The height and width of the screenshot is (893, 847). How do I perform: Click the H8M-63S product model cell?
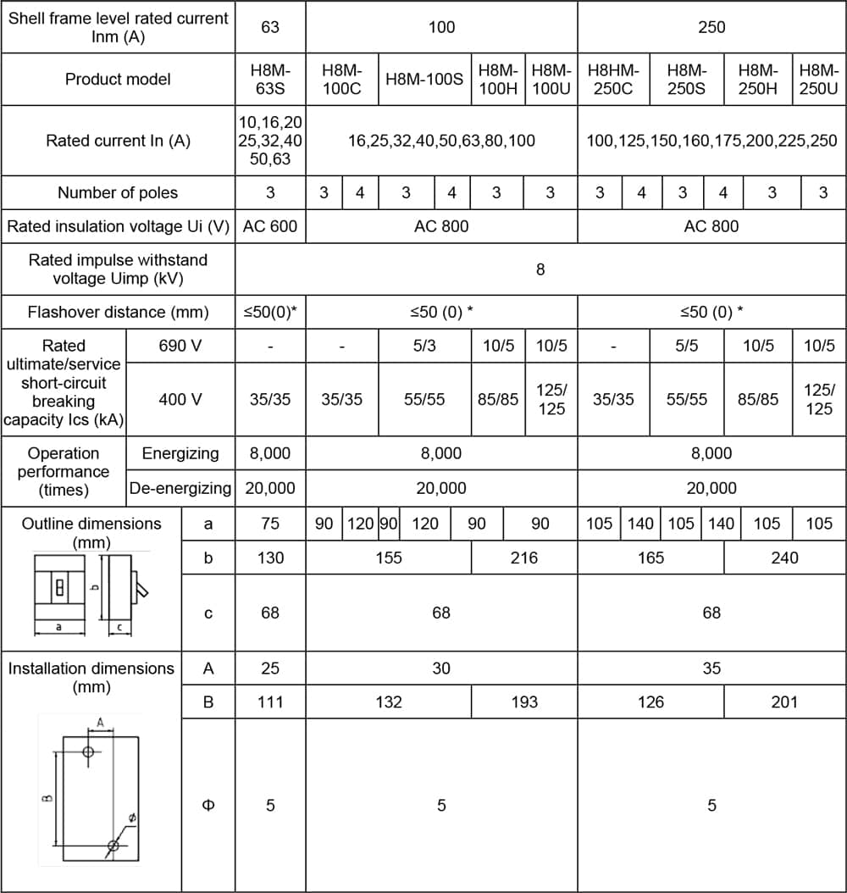(x=270, y=80)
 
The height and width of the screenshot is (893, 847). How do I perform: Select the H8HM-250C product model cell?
(x=613, y=80)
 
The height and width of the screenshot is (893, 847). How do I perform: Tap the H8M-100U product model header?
(x=551, y=80)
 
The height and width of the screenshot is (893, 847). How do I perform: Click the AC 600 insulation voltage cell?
(x=270, y=226)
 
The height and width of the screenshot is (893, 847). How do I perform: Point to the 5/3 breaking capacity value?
(x=424, y=346)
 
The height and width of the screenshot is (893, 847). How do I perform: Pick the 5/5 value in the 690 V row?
(x=686, y=346)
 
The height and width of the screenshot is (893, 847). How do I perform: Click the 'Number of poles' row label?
(x=118, y=193)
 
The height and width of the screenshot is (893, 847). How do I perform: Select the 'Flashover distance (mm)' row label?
(x=118, y=312)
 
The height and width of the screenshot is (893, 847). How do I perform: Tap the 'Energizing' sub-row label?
(x=180, y=453)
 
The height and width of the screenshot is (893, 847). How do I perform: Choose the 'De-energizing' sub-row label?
(x=180, y=488)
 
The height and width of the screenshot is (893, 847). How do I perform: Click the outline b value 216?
(x=524, y=557)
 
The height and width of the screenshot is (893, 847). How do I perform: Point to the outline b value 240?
(x=784, y=557)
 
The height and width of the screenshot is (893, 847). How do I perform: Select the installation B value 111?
(x=270, y=702)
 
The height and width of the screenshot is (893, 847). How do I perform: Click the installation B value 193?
(x=524, y=702)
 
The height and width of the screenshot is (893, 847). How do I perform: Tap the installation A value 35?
(x=711, y=668)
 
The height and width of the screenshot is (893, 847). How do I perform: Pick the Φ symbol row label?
(x=208, y=805)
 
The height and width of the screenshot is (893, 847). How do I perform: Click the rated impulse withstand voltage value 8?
(x=540, y=269)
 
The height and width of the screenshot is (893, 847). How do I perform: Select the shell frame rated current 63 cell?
(x=270, y=27)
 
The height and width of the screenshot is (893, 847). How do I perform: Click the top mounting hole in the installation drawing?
(x=89, y=752)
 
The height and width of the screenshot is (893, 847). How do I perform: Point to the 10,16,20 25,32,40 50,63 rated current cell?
(x=270, y=141)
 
